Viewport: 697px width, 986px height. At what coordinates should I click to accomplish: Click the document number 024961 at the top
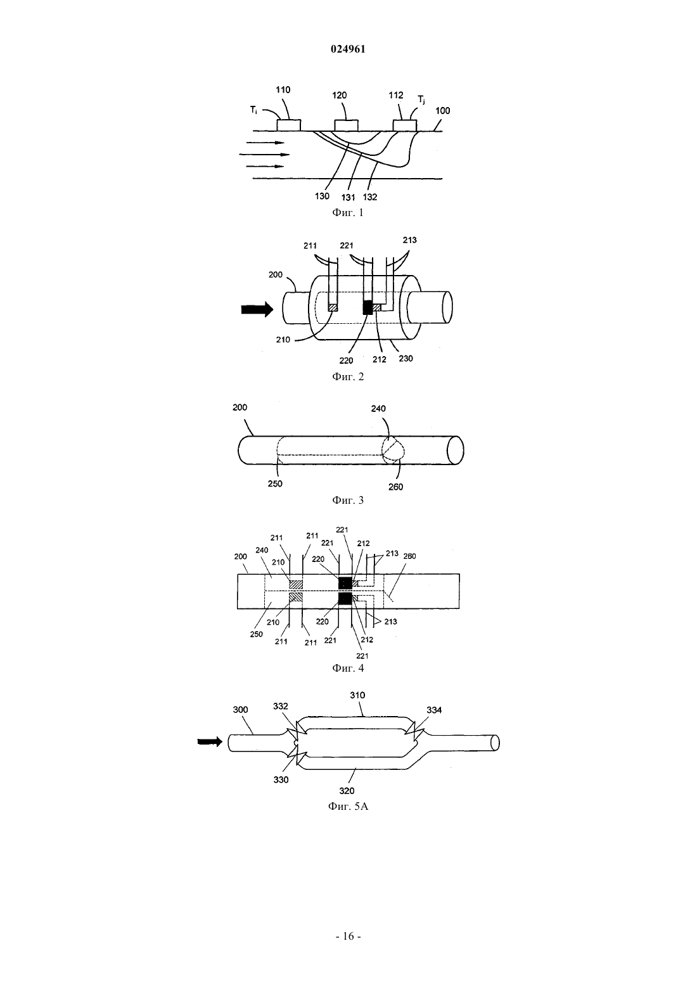(348, 49)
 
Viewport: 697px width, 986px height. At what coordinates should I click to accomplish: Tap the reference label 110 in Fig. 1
(283, 90)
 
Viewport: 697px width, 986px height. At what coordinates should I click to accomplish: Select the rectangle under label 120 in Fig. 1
(347, 125)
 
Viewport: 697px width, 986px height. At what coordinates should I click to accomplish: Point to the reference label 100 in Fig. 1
(443, 110)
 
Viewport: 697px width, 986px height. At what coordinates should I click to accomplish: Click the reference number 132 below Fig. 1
(370, 197)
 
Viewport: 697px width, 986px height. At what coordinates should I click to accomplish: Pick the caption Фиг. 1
(348, 213)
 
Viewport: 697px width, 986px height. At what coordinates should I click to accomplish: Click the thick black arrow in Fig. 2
(257, 310)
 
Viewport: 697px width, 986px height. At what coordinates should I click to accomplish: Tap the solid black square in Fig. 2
(368, 307)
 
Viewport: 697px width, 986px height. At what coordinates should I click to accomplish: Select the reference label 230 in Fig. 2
(406, 358)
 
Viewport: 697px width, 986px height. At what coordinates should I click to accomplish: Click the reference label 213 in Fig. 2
(410, 240)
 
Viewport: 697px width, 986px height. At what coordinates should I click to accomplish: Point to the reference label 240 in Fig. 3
(378, 409)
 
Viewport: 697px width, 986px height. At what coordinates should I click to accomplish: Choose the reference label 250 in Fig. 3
(275, 483)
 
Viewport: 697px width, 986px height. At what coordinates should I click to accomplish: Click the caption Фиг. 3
(348, 500)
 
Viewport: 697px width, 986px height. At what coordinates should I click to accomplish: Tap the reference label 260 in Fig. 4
(409, 556)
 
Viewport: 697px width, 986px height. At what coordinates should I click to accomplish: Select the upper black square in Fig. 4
(345, 583)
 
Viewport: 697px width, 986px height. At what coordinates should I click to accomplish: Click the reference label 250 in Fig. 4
(256, 634)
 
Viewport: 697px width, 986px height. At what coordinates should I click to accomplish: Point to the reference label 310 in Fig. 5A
(357, 695)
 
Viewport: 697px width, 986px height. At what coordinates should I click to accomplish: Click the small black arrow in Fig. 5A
(210, 742)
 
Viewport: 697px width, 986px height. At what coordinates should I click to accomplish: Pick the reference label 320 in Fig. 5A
(347, 791)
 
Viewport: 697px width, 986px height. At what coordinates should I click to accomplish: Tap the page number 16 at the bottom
(348, 937)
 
